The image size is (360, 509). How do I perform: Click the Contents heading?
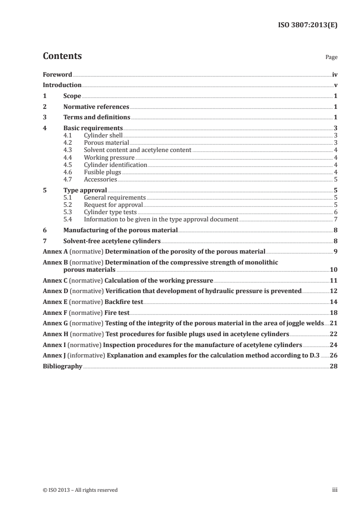pos(62,56)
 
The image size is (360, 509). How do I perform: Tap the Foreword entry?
pos(57,74)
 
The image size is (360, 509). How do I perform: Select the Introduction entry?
pos(62,85)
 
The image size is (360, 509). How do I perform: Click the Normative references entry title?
pos(96,107)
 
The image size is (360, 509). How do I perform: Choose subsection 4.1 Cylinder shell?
pos(103,135)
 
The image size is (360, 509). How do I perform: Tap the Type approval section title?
pos(85,191)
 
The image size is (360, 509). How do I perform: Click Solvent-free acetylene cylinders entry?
pos(112,241)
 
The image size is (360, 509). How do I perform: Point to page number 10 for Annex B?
pos(333,269)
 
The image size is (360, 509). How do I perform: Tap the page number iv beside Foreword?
pos(335,74)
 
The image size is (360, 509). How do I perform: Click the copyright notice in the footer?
pos(80,490)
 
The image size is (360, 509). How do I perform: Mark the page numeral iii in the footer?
pos(335,490)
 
